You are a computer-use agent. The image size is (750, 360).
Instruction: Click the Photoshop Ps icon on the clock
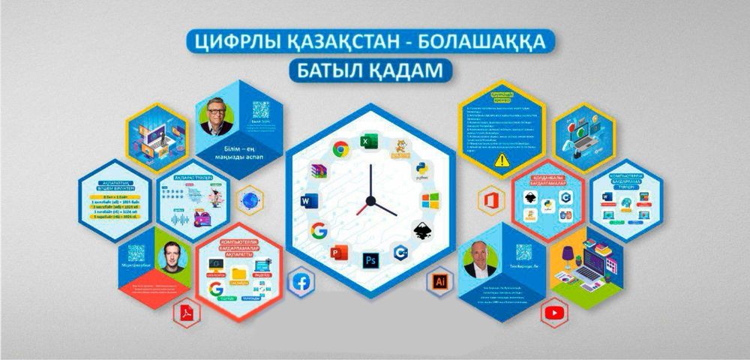tap(370, 260)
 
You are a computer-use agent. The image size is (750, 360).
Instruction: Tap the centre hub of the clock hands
tap(369, 200)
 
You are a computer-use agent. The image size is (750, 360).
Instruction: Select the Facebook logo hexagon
tap(303, 283)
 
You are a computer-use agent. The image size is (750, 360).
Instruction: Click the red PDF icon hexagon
tap(184, 312)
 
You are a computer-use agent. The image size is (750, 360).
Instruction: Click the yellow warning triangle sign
tap(498, 160)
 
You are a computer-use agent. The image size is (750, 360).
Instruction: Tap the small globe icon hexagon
tap(249, 200)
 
